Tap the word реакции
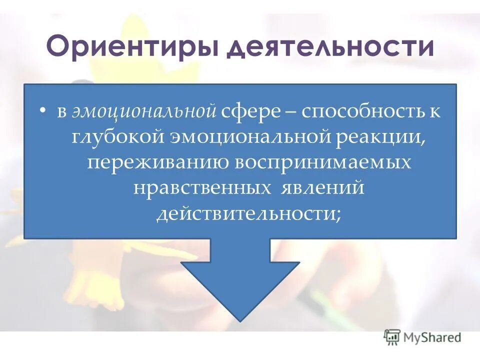pos(383,137)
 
